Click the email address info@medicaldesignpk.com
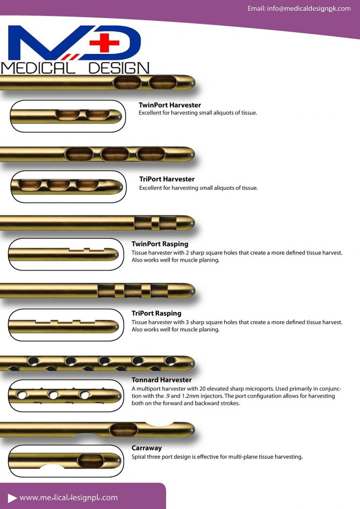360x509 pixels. pyautogui.click(x=299, y=9)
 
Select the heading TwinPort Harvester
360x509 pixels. pyautogui.click(x=170, y=105)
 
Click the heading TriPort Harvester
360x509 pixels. pyautogui.click(x=167, y=179)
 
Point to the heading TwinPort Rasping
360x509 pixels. pyautogui.click(x=160, y=244)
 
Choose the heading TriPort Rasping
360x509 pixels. pyautogui.click(x=157, y=313)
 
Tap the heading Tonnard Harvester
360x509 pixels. pyautogui.click(x=162, y=380)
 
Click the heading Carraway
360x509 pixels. pyautogui.click(x=147, y=448)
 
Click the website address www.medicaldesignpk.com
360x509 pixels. pyautogui.click(x=69, y=497)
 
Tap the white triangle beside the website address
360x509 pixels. pyautogui.click(x=12, y=498)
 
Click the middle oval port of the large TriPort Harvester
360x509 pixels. pyautogui.click(x=115, y=155)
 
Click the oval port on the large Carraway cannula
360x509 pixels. pyautogui.click(x=124, y=429)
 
